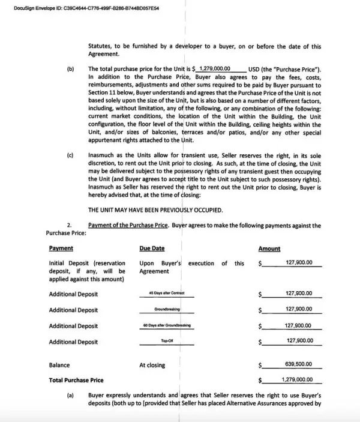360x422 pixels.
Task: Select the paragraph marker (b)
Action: coord(70,69)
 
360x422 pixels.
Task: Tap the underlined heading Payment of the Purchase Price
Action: coord(128,226)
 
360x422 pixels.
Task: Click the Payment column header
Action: coord(61,248)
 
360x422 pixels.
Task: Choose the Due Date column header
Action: coord(152,248)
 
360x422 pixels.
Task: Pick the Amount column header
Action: coord(269,248)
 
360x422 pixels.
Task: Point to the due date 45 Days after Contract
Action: coord(166,293)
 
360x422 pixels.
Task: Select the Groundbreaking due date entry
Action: coord(167,309)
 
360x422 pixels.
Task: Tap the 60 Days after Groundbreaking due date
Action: coord(166,325)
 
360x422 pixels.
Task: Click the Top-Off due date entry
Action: coord(167,340)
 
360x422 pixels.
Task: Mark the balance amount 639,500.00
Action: coord(299,364)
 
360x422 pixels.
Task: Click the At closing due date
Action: coord(152,365)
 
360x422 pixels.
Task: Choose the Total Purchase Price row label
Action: coord(76,380)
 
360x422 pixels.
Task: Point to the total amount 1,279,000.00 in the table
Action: coord(296,379)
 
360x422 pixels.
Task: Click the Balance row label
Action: coord(59,365)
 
